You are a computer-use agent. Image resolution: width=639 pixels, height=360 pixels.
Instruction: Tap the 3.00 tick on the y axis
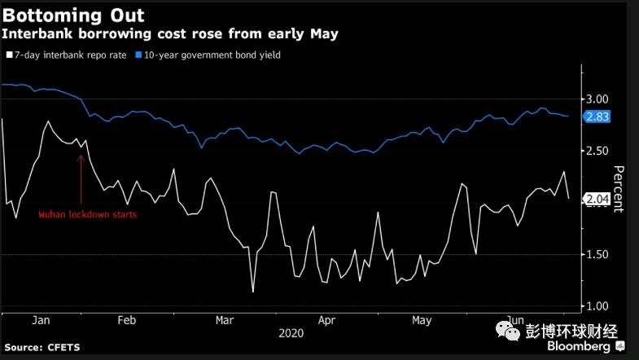click(x=597, y=99)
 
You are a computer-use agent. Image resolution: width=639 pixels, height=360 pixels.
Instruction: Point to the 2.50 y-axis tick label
click(x=597, y=151)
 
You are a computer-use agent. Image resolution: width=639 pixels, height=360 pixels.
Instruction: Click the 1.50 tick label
click(x=597, y=254)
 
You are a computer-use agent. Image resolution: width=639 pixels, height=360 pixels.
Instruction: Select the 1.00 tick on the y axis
click(x=597, y=305)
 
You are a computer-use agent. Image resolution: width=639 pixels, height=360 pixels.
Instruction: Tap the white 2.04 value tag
click(x=597, y=198)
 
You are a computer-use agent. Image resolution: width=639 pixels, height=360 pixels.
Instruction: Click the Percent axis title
click(x=618, y=189)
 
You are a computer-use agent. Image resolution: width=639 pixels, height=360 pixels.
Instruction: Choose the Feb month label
click(x=126, y=321)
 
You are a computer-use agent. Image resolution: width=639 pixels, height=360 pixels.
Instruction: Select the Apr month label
click(x=326, y=321)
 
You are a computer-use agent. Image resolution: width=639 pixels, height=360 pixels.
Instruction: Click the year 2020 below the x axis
click(x=291, y=333)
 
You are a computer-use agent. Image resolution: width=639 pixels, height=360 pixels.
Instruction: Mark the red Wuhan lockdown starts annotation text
click(x=88, y=215)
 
